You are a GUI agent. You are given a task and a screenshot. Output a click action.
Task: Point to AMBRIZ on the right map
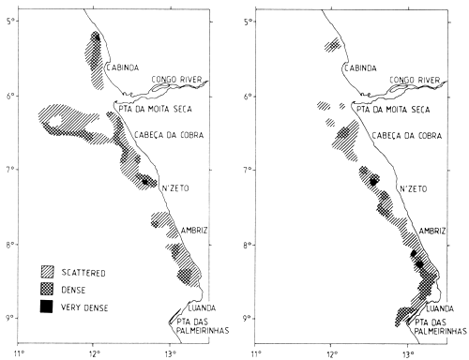(x=432, y=230)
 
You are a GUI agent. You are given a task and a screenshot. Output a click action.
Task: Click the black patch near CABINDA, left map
(x=96, y=38)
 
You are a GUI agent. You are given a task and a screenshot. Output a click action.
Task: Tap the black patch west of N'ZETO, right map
(x=374, y=181)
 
